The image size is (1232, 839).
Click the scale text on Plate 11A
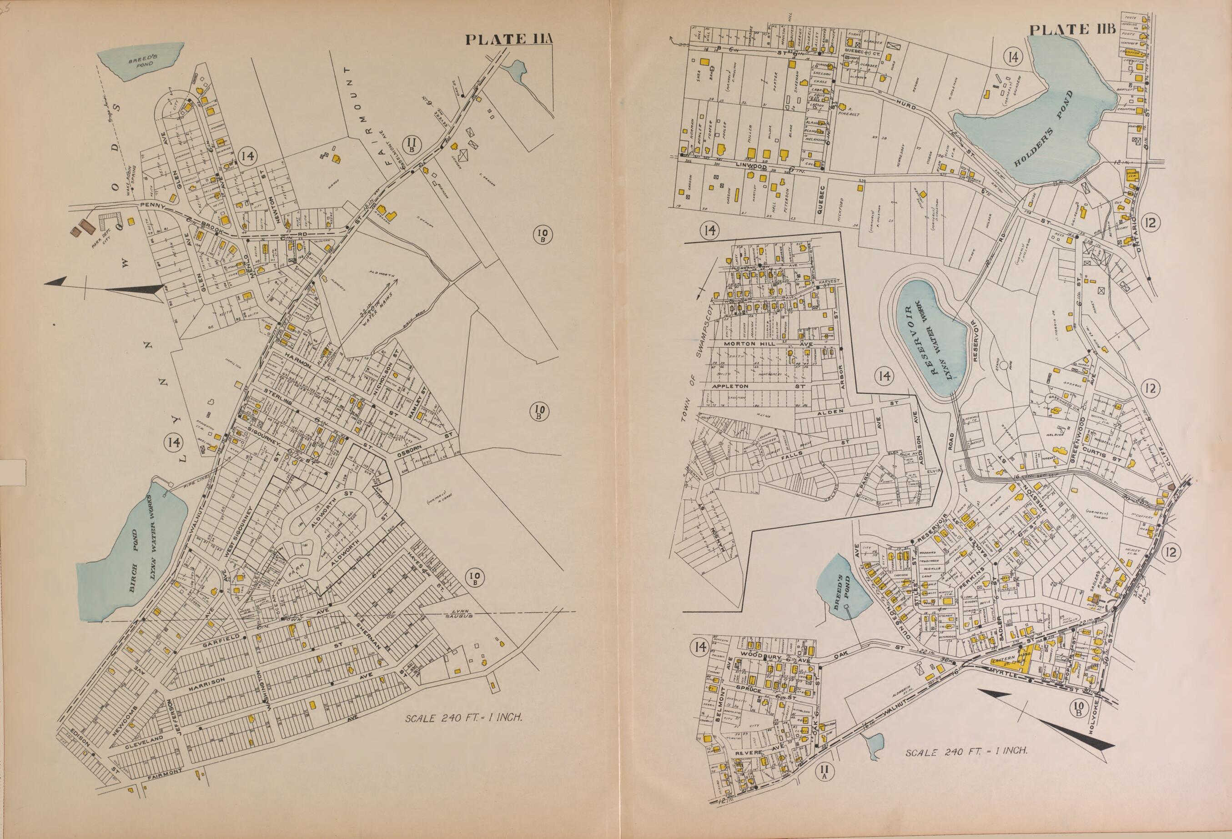click(464, 718)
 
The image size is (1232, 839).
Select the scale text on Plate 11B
click(967, 752)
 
